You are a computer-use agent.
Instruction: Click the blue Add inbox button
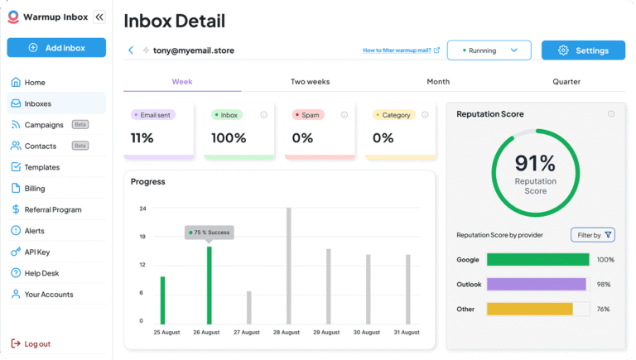[x=56, y=48]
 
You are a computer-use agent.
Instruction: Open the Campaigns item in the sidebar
[x=44, y=125]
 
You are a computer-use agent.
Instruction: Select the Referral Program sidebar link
[x=52, y=209]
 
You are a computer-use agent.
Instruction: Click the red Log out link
[x=36, y=343]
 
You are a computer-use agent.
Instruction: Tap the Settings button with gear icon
[x=583, y=50]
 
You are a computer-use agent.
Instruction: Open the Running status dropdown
[x=489, y=50]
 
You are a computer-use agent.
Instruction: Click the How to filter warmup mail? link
[x=401, y=50]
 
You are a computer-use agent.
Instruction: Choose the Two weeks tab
[x=310, y=82]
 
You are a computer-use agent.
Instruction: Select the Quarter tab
[x=566, y=82]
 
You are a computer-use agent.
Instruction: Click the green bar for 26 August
[x=210, y=286]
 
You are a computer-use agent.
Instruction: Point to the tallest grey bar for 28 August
[x=289, y=266]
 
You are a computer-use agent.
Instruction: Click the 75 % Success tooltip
[x=210, y=233]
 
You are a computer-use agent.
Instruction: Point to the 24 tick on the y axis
[x=142, y=209]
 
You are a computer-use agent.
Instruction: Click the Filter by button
[x=593, y=235]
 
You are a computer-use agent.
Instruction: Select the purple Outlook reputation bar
[x=537, y=284]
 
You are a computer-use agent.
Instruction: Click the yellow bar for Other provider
[x=530, y=309]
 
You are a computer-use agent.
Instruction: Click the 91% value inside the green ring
[x=535, y=163]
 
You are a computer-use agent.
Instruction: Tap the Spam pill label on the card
[x=309, y=115]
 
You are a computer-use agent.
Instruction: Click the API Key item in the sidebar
[x=36, y=252]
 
